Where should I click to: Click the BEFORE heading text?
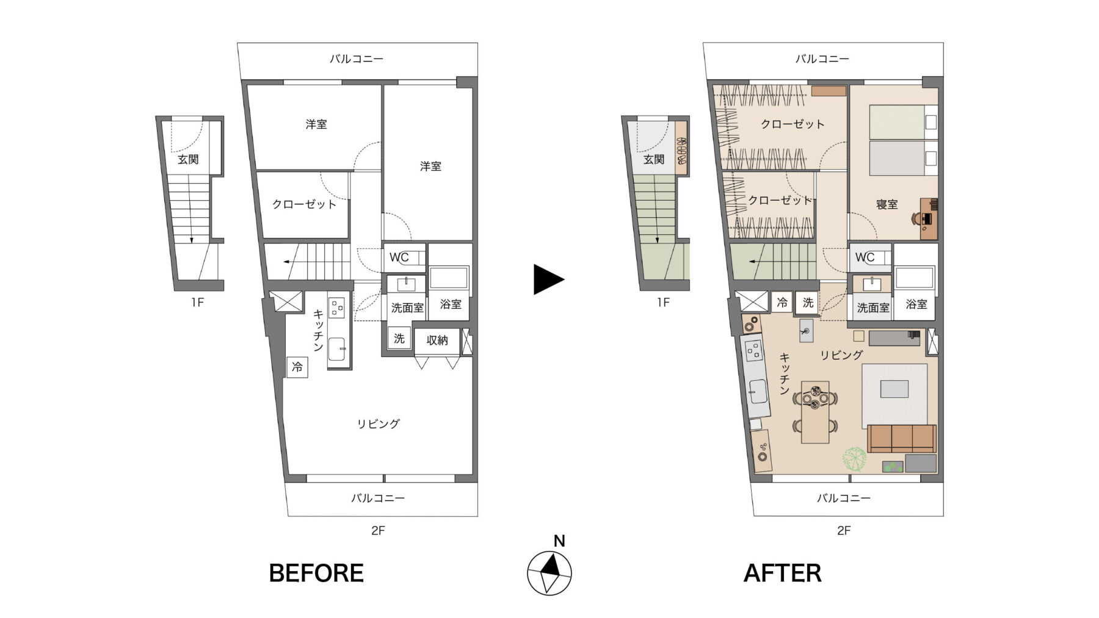click(316, 573)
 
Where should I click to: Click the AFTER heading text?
click(782, 573)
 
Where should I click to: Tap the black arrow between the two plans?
click(548, 279)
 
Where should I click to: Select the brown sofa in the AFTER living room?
click(902, 439)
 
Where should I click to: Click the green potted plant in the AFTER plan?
click(854, 459)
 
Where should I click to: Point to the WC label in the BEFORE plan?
click(399, 257)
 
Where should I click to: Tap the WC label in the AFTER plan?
click(865, 257)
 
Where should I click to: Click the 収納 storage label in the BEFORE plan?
click(437, 340)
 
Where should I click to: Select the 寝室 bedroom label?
click(887, 204)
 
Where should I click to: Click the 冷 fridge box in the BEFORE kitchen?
click(297, 367)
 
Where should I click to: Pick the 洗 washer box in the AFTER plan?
click(808, 303)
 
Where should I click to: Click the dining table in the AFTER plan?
click(815, 412)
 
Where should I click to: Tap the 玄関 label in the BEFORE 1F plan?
click(188, 159)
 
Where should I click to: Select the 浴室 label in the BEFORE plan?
click(451, 304)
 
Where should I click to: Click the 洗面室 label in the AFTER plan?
click(873, 308)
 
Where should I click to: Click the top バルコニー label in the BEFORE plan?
click(357, 59)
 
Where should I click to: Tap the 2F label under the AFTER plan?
click(844, 531)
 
